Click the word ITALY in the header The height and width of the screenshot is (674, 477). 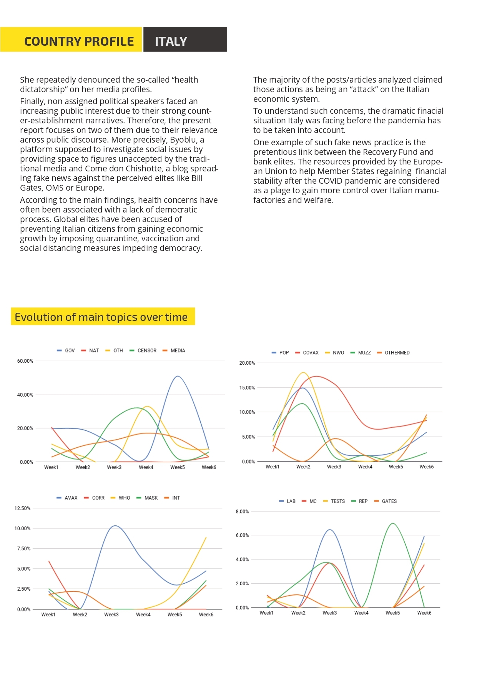coord(171,41)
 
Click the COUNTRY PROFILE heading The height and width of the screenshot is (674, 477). coord(79,41)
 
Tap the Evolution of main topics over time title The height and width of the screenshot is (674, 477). coord(101,317)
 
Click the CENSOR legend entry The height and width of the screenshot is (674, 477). coord(143,350)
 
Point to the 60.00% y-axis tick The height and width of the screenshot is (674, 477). coord(25,361)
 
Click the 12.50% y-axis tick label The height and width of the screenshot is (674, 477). coord(22,508)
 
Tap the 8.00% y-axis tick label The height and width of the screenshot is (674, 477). coord(242,512)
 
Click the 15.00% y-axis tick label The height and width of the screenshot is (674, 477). coord(247,388)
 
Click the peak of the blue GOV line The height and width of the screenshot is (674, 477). coord(177,376)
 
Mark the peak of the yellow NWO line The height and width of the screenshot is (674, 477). coord(303,372)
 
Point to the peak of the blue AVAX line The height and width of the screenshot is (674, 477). coord(115,526)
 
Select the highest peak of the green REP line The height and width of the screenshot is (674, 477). coord(392,523)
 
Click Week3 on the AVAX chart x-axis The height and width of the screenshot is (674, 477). coord(111,614)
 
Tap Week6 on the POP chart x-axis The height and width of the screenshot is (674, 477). coord(426,467)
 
